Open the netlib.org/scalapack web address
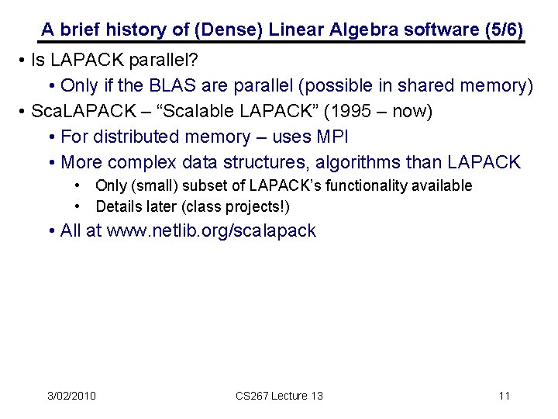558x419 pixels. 211,230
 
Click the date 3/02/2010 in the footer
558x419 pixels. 71,396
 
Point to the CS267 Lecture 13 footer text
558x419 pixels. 279,396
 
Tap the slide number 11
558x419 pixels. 504,396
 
